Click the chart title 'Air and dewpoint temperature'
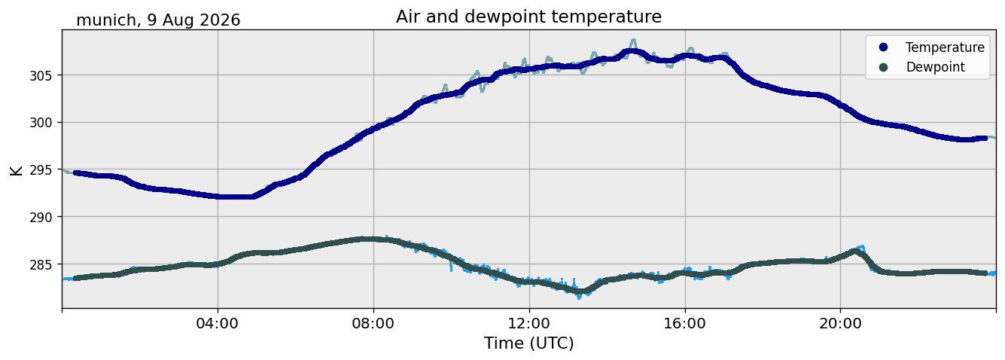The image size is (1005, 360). click(528, 17)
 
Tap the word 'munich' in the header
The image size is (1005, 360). click(107, 20)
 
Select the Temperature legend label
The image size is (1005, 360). click(945, 47)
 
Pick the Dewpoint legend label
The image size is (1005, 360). click(936, 67)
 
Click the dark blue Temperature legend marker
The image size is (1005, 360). click(883, 47)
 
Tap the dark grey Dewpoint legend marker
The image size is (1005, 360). click(883, 67)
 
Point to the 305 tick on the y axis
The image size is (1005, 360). click(41, 76)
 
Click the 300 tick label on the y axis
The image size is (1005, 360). click(41, 123)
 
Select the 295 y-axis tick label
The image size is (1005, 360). click(41, 170)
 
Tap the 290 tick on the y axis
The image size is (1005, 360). click(41, 217)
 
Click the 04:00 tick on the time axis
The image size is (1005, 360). click(218, 323)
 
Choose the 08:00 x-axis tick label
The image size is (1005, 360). click(373, 323)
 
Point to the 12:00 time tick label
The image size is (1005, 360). click(529, 323)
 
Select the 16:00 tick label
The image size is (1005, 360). click(684, 323)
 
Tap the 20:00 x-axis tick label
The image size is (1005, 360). click(840, 323)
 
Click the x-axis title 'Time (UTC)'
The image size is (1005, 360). click(528, 343)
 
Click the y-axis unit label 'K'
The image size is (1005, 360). click(16, 170)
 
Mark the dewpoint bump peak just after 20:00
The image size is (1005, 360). click(856, 252)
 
